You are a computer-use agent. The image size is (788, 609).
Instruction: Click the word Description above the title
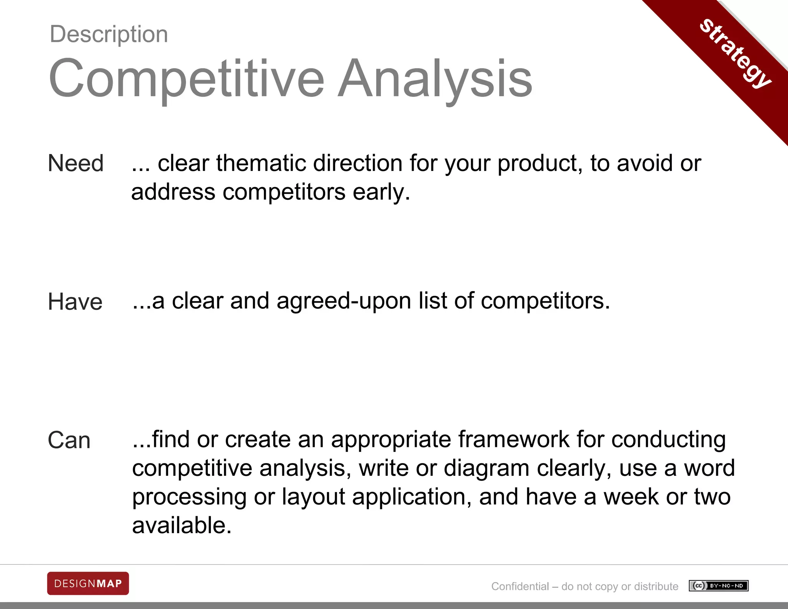pyautogui.click(x=109, y=34)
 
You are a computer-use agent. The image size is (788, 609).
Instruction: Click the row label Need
pyautogui.click(x=75, y=163)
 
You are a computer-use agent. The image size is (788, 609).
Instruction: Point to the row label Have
pyautogui.click(x=75, y=301)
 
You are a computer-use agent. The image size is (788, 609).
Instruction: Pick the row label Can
pyautogui.click(x=69, y=440)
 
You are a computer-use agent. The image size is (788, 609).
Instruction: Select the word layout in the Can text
pyautogui.click(x=313, y=497)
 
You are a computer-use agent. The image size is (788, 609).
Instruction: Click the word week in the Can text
pyautogui.click(x=631, y=497)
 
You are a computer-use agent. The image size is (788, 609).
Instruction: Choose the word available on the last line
pyautogui.click(x=182, y=525)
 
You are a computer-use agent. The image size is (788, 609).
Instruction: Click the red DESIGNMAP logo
pyautogui.click(x=88, y=584)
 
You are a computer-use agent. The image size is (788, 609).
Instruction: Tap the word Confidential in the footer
pyautogui.click(x=520, y=586)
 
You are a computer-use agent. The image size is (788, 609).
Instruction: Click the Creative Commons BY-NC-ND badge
pyautogui.click(x=718, y=586)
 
